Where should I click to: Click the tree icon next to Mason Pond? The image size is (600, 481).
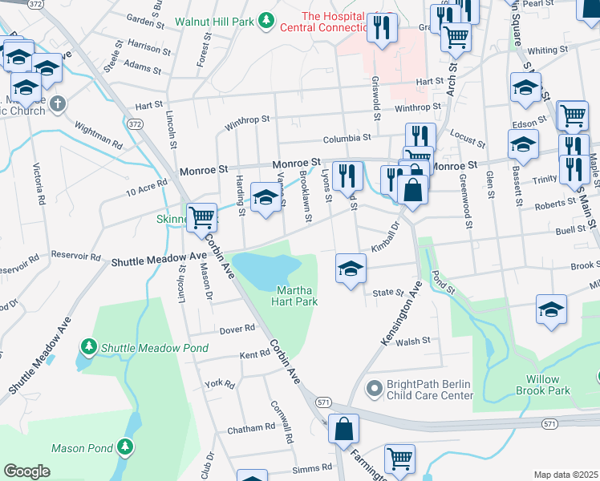pyautogui.click(x=124, y=446)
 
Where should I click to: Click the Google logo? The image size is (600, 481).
pyautogui.click(x=26, y=471)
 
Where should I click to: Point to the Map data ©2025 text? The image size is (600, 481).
pyautogui.click(x=566, y=475)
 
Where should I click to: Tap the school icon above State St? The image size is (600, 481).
pyautogui.click(x=351, y=270)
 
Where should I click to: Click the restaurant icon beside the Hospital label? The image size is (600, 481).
pyautogui.click(x=382, y=27)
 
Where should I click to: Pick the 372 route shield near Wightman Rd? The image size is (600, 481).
pyautogui.click(x=136, y=124)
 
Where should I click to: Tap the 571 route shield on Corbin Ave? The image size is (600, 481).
pyautogui.click(x=322, y=401)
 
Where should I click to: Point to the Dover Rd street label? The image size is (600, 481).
pyautogui.click(x=237, y=329)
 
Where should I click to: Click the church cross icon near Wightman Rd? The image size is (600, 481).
pyautogui.click(x=57, y=103)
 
